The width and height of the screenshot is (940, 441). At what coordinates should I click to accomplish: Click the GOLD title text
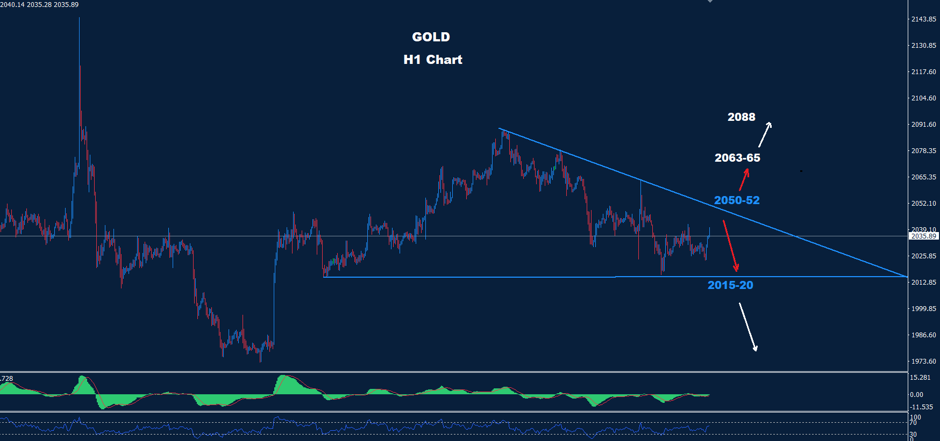point(431,37)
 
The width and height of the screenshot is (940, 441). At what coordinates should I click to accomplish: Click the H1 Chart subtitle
point(433,60)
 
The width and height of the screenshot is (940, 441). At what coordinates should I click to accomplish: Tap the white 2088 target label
point(741,117)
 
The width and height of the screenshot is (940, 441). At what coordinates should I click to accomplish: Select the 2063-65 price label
point(737,158)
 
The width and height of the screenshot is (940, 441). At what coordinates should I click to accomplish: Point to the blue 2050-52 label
point(737,200)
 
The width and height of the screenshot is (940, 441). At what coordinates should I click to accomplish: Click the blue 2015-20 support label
point(730,285)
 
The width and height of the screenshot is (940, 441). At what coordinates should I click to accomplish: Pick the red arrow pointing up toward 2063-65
point(744,179)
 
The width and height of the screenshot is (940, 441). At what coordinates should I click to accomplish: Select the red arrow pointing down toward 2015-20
point(730,245)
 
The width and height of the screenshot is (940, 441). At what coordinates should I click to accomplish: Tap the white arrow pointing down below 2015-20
point(748,327)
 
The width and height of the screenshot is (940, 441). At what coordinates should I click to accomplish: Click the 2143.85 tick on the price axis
point(923,19)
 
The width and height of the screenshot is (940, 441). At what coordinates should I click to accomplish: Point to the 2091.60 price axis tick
point(923,125)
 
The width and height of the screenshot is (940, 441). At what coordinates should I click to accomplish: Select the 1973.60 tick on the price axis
point(923,362)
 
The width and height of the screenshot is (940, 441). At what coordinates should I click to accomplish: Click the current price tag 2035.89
point(923,236)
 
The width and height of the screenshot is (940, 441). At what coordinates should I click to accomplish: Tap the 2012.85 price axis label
point(923,283)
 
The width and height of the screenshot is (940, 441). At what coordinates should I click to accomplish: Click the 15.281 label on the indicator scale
point(920,378)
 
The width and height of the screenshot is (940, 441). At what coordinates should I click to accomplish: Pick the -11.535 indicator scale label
point(921,407)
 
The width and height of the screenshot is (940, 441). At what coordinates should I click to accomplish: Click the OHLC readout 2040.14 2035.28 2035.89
point(39,5)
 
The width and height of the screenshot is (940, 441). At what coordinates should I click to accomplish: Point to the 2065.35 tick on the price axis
point(923,177)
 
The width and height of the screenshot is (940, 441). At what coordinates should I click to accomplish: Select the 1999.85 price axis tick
point(923,309)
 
